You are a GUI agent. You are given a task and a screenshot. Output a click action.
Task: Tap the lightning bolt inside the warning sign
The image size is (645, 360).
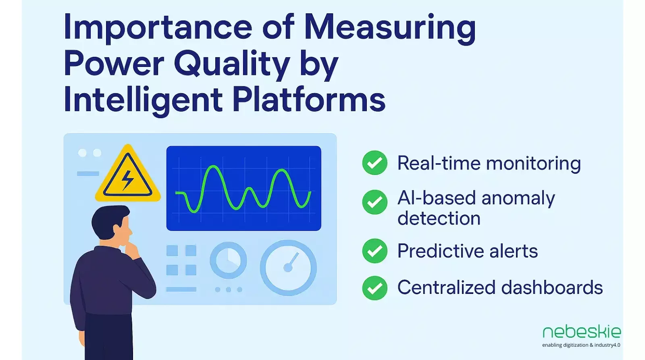click(x=127, y=180)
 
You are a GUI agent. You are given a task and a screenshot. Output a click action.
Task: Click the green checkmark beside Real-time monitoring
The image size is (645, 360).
click(x=375, y=163)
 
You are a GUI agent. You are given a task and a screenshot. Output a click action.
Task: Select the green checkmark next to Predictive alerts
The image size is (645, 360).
click(x=375, y=251)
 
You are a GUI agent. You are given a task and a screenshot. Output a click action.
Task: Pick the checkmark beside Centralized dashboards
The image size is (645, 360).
click(x=375, y=288)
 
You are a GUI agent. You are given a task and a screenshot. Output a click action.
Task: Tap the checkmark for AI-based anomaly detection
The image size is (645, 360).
click(x=375, y=202)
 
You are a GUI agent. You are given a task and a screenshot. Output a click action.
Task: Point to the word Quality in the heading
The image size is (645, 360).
click(x=232, y=64)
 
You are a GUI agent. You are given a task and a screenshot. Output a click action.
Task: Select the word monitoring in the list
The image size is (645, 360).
click(x=533, y=164)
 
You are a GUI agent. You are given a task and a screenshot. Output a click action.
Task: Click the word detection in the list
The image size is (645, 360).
click(x=439, y=218)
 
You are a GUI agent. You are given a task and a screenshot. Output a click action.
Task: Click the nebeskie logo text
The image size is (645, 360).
click(x=581, y=332)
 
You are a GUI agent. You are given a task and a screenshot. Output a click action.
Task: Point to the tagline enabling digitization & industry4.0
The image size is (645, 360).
click(x=581, y=345)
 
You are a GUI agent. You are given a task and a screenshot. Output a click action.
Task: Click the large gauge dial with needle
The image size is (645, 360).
click(x=288, y=267)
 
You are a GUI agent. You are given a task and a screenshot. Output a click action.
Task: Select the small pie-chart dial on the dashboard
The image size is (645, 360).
click(x=228, y=260)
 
